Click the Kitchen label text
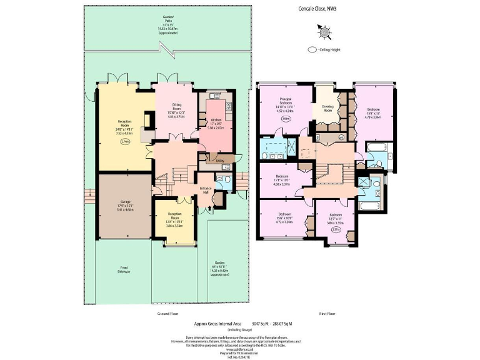click(215, 119)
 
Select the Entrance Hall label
click(206, 189)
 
